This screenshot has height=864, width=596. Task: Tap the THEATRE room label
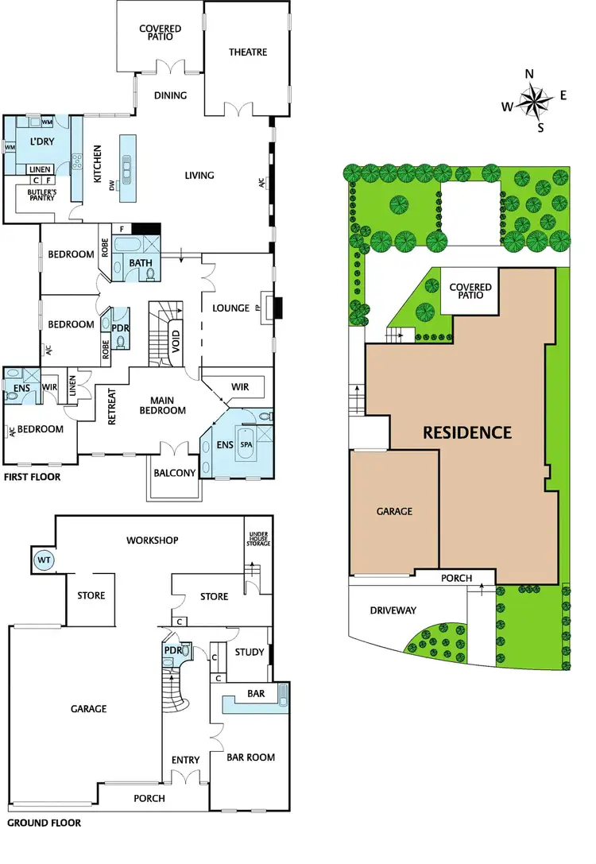248,52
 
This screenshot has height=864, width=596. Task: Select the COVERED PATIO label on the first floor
160,33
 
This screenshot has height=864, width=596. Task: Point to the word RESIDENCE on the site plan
466,432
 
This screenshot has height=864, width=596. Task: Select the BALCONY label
174,473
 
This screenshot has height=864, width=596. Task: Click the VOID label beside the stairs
176,337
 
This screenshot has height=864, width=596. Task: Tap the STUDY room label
249,652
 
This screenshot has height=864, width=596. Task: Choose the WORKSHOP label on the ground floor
152,540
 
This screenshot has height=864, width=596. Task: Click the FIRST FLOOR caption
32,478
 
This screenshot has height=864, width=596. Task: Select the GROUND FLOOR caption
44,823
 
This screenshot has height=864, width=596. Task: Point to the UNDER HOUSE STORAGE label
260,539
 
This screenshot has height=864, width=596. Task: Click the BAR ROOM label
251,757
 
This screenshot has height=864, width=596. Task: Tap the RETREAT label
112,406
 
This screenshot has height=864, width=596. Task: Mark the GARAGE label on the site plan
394,511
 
